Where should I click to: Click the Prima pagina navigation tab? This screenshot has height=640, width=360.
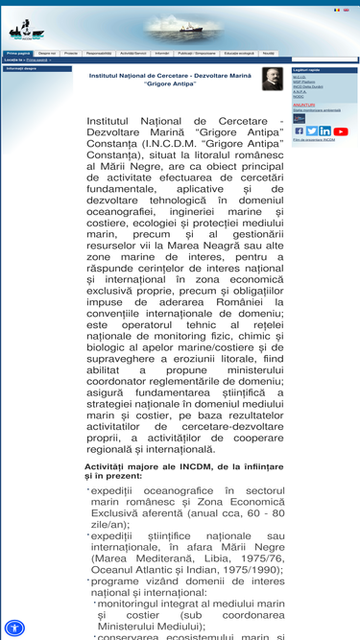[x=18, y=54]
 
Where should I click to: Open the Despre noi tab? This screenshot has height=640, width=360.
[x=47, y=54]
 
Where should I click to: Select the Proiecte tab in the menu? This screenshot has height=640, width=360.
[x=71, y=54]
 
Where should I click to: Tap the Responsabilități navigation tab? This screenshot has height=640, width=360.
[x=99, y=54]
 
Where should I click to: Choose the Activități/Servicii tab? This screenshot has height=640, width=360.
[x=134, y=54]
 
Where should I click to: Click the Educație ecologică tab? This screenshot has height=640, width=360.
[x=239, y=54]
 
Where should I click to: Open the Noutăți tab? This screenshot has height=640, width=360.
[x=268, y=54]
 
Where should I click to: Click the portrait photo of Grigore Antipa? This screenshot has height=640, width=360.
[x=273, y=79]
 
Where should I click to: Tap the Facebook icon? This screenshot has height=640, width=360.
[x=299, y=131]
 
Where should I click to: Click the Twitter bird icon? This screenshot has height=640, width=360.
[x=311, y=131]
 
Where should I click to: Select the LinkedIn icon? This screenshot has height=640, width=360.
[x=324, y=131]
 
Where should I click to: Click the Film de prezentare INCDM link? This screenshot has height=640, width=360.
[x=314, y=140]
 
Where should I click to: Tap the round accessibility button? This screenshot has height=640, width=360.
[x=14, y=628]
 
